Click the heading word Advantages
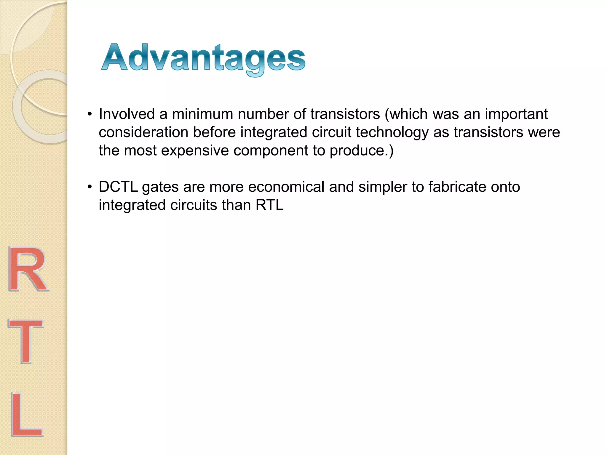[x=203, y=58]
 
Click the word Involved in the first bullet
[x=127, y=114]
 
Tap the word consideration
[x=143, y=132]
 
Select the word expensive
[x=195, y=150]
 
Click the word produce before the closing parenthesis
[x=357, y=150]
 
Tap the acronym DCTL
[x=118, y=187]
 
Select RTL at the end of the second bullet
[x=269, y=205]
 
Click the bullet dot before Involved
[x=90, y=114]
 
